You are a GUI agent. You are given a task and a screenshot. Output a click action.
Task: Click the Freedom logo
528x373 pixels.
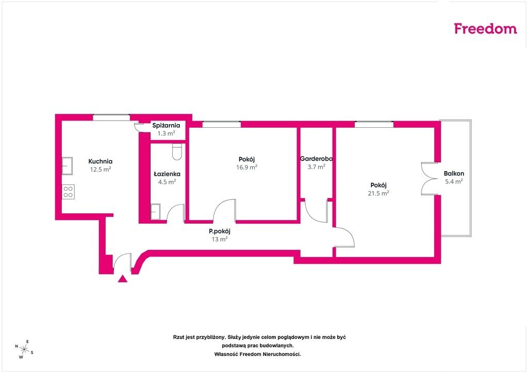click(485, 28)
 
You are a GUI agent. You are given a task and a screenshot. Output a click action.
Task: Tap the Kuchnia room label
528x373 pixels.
click(101, 161)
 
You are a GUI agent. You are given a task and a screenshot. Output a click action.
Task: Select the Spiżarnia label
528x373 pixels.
click(166, 126)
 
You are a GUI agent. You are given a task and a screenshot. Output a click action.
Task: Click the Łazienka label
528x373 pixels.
click(167, 174)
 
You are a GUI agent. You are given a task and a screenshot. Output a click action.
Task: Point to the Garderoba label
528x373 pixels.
click(316, 158)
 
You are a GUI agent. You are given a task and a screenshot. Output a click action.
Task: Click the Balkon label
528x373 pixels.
click(454, 174)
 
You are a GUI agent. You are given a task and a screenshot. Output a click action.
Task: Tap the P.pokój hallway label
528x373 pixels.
click(220, 231)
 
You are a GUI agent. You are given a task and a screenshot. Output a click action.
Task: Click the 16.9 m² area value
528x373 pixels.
click(246, 167)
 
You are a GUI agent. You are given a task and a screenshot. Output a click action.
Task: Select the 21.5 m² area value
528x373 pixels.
click(378, 193)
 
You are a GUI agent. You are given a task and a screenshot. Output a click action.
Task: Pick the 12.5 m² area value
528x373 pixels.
click(101, 169)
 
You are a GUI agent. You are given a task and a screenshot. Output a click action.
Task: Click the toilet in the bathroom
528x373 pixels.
click(177, 151)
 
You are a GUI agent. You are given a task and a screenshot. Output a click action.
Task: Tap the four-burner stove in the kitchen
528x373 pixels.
click(68, 192)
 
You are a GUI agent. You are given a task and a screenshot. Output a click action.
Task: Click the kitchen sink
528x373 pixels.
click(67, 166)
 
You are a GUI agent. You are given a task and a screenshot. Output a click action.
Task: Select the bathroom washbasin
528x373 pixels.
click(155, 212)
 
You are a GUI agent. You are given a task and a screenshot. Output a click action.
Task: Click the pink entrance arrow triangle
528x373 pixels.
click(123, 279)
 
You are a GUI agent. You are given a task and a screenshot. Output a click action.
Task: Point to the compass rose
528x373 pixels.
click(24, 349)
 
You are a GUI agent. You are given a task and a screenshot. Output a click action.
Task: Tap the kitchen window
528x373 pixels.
click(111, 117)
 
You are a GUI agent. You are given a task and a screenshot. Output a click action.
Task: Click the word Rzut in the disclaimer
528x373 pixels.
click(178, 337)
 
